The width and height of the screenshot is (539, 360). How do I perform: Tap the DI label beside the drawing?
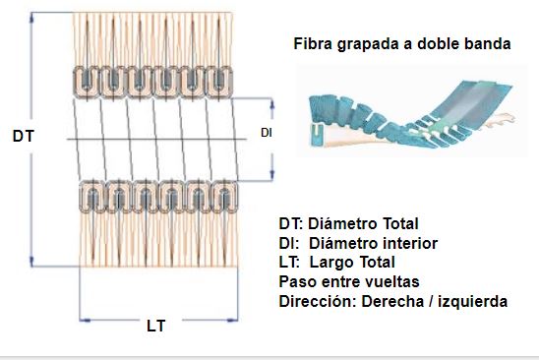pyautogui.click(x=266, y=133)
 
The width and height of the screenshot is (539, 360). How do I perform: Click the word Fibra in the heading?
pyautogui.click(x=313, y=44)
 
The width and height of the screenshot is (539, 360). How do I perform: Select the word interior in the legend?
pyautogui.click(x=405, y=243)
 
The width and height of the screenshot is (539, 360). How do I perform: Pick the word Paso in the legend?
pyautogui.click(x=297, y=281)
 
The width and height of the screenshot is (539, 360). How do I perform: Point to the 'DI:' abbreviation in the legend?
pyautogui.click(x=292, y=243)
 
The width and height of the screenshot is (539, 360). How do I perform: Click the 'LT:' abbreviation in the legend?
pyautogui.click(x=293, y=262)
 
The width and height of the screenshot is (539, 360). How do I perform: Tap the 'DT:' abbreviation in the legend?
pyautogui.click(x=295, y=223)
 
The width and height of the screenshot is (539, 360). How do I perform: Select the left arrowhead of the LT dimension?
pyautogui.click(x=83, y=319)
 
